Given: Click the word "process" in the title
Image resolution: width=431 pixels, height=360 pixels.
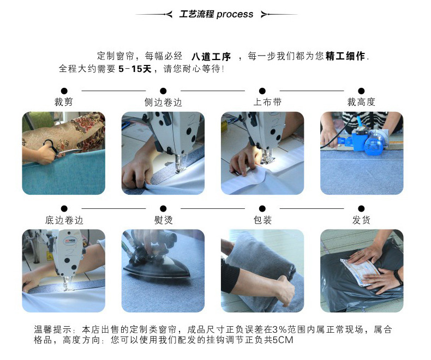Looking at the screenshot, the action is coord(235,14).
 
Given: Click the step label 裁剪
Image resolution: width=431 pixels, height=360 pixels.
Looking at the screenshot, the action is coord(64,102).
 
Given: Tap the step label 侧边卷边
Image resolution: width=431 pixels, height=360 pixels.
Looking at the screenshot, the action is coord(163,102).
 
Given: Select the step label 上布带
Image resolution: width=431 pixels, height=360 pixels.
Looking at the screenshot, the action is coord(267,102).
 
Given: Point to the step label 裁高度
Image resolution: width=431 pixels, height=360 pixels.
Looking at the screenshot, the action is coord(361,102).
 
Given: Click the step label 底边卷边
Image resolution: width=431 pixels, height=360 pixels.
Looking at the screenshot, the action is coord(64,220).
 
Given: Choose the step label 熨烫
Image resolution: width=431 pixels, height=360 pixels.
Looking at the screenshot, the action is coord(163,220).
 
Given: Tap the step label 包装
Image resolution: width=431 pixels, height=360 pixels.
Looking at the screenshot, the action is coord(262,220).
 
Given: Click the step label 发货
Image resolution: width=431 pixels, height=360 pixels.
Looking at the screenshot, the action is coord(362,220).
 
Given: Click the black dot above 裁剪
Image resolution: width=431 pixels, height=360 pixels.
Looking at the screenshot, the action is coord(64,91).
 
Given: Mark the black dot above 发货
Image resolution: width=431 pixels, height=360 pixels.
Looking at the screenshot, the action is coord(362,208).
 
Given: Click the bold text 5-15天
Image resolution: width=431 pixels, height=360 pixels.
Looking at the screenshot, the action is coord(135,69).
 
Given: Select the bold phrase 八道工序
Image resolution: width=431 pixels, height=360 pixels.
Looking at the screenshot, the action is coord(211,57).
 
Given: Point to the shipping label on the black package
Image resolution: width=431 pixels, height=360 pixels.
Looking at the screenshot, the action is coord(360,272).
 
